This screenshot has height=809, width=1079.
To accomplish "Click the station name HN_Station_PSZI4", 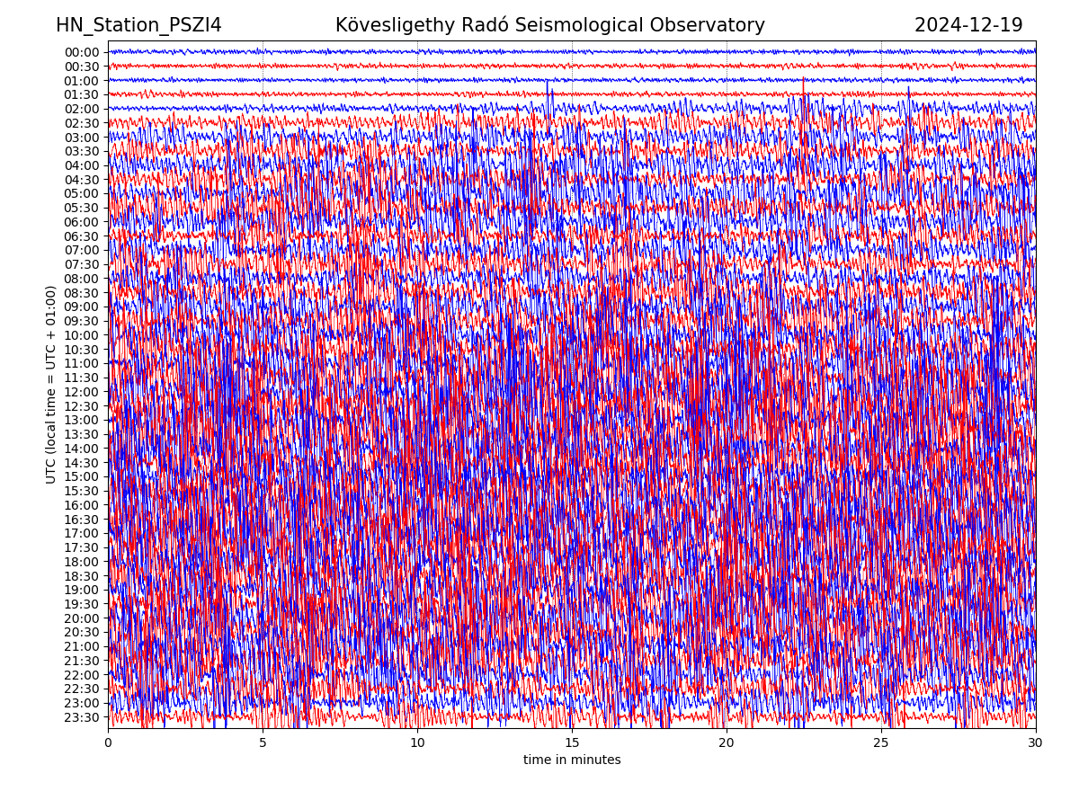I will click(x=138, y=25).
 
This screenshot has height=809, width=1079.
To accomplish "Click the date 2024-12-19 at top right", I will click(x=968, y=25).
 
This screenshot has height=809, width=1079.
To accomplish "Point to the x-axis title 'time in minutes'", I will click(x=572, y=760).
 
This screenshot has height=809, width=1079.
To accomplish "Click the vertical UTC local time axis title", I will click(x=51, y=384).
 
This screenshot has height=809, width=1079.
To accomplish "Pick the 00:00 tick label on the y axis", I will click(x=82, y=52).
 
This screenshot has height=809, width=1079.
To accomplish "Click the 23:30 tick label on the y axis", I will click(x=82, y=717).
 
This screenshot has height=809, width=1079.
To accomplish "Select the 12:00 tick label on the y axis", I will click(x=82, y=392).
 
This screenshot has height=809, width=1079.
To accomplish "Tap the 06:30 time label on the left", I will click(x=82, y=236).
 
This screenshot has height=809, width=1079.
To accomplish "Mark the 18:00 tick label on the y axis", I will click(x=82, y=562).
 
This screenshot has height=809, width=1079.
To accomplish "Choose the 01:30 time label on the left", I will click(x=82, y=94).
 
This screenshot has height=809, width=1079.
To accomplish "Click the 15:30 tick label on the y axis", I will click(x=82, y=491).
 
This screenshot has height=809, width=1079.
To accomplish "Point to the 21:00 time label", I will click(x=82, y=646).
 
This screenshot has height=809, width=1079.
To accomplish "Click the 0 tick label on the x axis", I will click(x=108, y=743).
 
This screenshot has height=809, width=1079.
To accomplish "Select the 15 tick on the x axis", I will click(x=572, y=743).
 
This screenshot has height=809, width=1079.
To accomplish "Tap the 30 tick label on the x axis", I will click(x=1036, y=743).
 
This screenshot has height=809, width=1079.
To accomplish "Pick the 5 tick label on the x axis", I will click(x=263, y=743).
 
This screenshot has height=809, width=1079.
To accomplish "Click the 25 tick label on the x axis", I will click(x=881, y=743).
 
